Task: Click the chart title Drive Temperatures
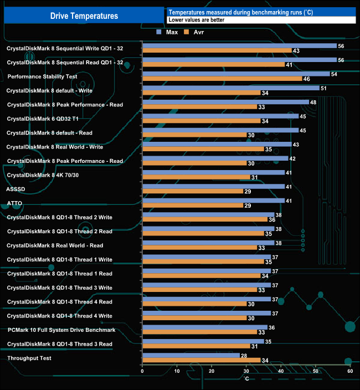tap(84, 16)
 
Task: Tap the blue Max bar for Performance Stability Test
tap(236, 74)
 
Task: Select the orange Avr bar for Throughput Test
tap(202, 361)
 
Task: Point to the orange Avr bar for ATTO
tap(193, 206)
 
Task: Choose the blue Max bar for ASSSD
tap(213, 187)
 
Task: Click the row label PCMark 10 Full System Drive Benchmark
tap(61, 330)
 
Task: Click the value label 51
tap(323, 88)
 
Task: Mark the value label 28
tap(244, 355)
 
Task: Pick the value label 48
tap(313, 102)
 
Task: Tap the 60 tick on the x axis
tap(350, 372)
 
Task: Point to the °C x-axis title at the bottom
tap(246, 379)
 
